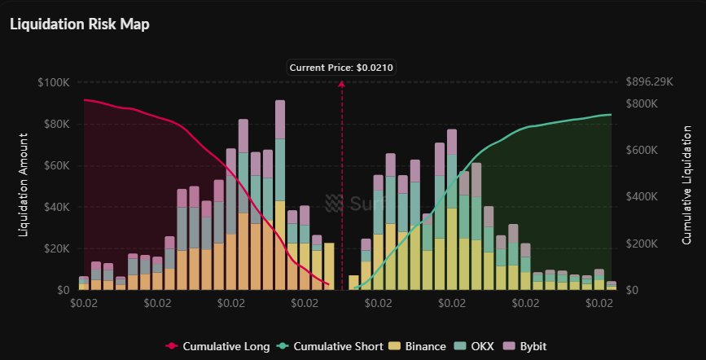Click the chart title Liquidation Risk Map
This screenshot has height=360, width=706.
[x=79, y=24]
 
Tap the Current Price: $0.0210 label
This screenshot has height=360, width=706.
[x=342, y=68]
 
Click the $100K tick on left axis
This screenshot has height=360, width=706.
[x=54, y=83]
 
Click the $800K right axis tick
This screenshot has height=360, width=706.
[x=642, y=104]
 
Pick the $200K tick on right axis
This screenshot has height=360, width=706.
[x=642, y=244]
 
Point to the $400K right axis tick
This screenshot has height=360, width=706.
[x=642, y=197]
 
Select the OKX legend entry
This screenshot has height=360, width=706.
[x=481, y=346]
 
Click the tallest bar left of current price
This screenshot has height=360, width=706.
[x=280, y=195]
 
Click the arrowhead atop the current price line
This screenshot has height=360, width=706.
[x=342, y=85]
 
